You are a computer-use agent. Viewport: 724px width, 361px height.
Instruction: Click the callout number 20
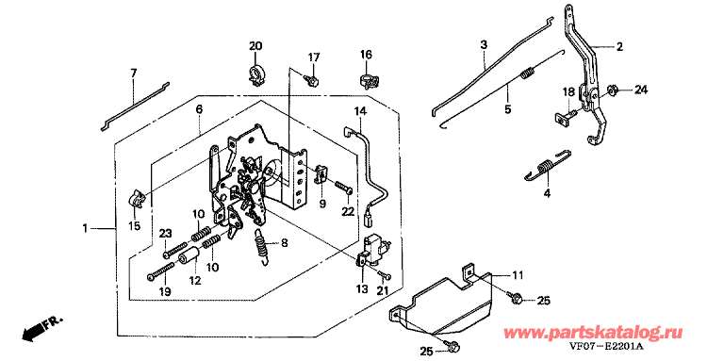point(255,46)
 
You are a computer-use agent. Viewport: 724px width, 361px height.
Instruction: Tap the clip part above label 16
point(369,79)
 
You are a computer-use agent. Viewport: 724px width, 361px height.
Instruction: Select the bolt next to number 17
point(312,80)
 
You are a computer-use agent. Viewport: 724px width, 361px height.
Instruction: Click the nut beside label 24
point(610,90)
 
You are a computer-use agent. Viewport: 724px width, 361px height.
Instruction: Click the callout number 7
point(134,73)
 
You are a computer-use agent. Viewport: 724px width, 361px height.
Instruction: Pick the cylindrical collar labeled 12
point(189,255)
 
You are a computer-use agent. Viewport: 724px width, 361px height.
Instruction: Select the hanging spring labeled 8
point(263,246)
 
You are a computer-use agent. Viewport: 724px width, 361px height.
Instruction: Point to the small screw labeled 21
point(386,275)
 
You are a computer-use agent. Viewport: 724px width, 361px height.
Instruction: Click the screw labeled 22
point(342,188)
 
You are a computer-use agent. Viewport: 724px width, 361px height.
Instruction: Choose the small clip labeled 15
point(137,198)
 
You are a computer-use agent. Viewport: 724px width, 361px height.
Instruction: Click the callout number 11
point(518,275)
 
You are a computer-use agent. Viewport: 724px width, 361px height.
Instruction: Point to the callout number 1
point(85,228)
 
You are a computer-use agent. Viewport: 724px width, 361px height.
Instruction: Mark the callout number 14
point(360,111)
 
